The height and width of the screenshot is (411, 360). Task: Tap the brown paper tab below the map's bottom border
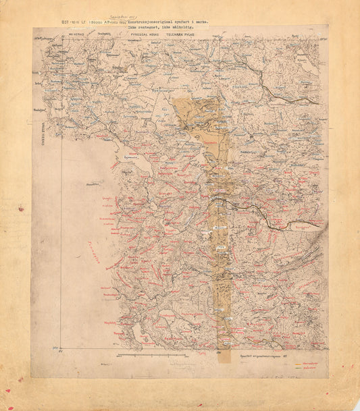226,356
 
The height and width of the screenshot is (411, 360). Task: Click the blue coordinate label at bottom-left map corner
57,348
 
